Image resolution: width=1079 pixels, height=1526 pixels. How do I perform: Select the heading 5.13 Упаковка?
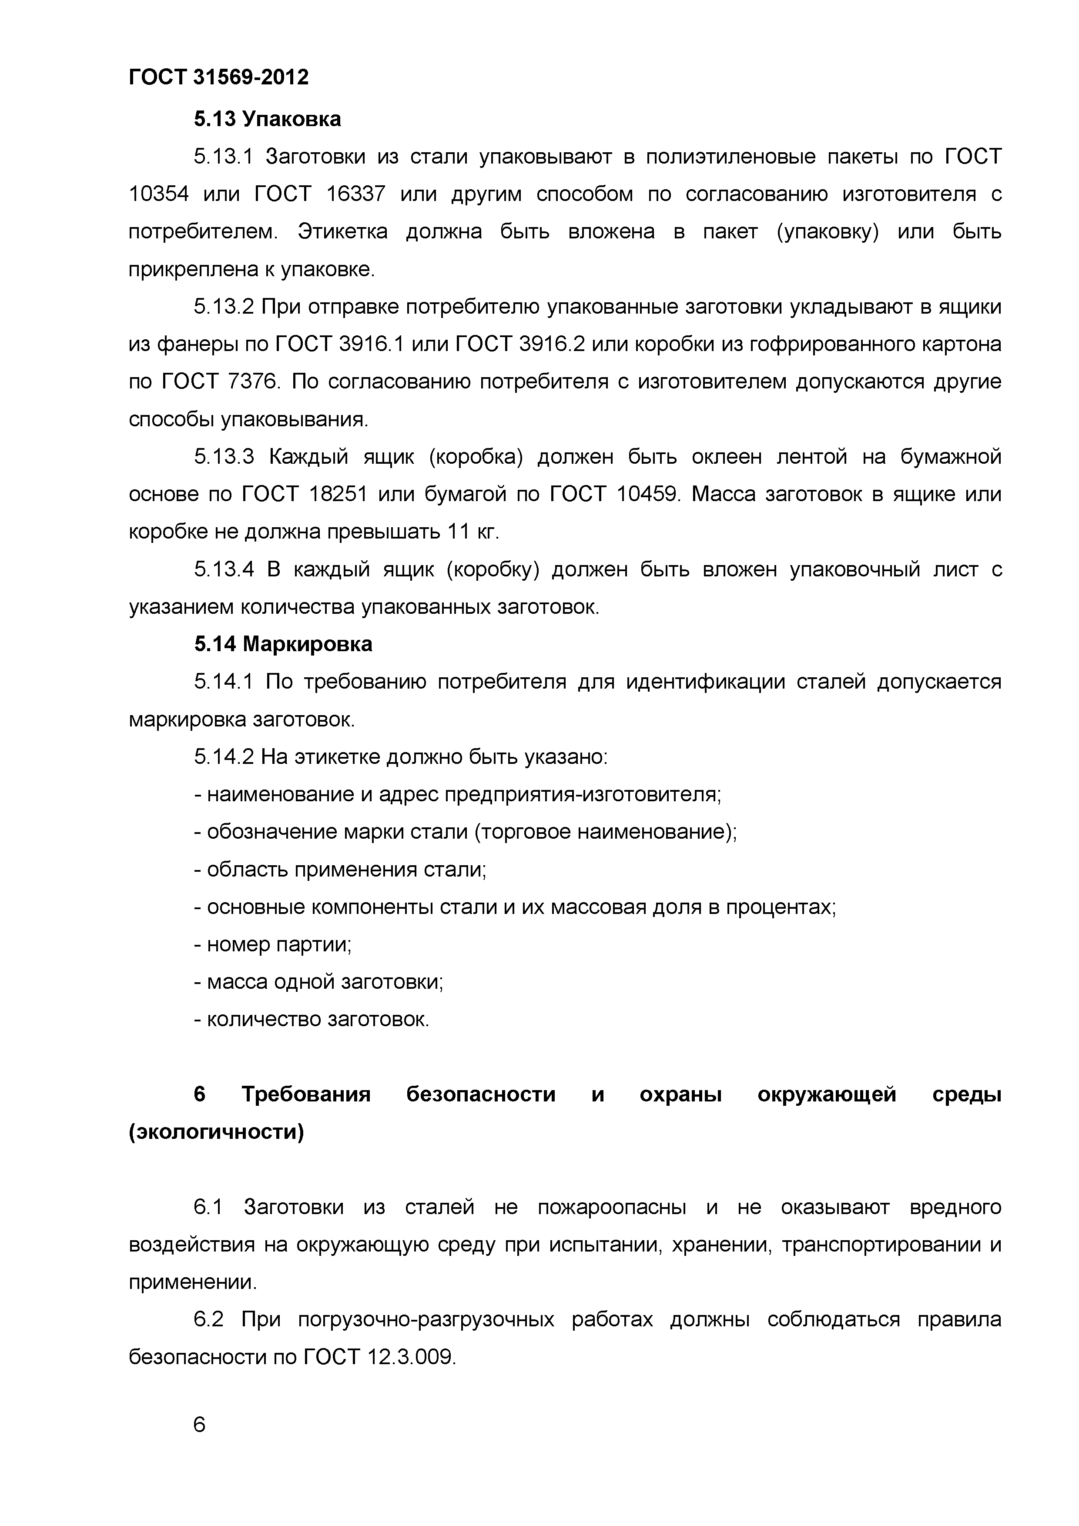(x=267, y=119)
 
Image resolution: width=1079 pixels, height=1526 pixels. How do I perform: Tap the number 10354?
(x=158, y=194)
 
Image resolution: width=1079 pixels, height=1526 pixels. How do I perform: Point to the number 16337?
(x=355, y=194)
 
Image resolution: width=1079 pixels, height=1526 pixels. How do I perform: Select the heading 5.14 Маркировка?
(x=283, y=644)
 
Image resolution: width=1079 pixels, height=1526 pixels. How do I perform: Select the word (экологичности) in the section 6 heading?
(x=216, y=1132)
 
